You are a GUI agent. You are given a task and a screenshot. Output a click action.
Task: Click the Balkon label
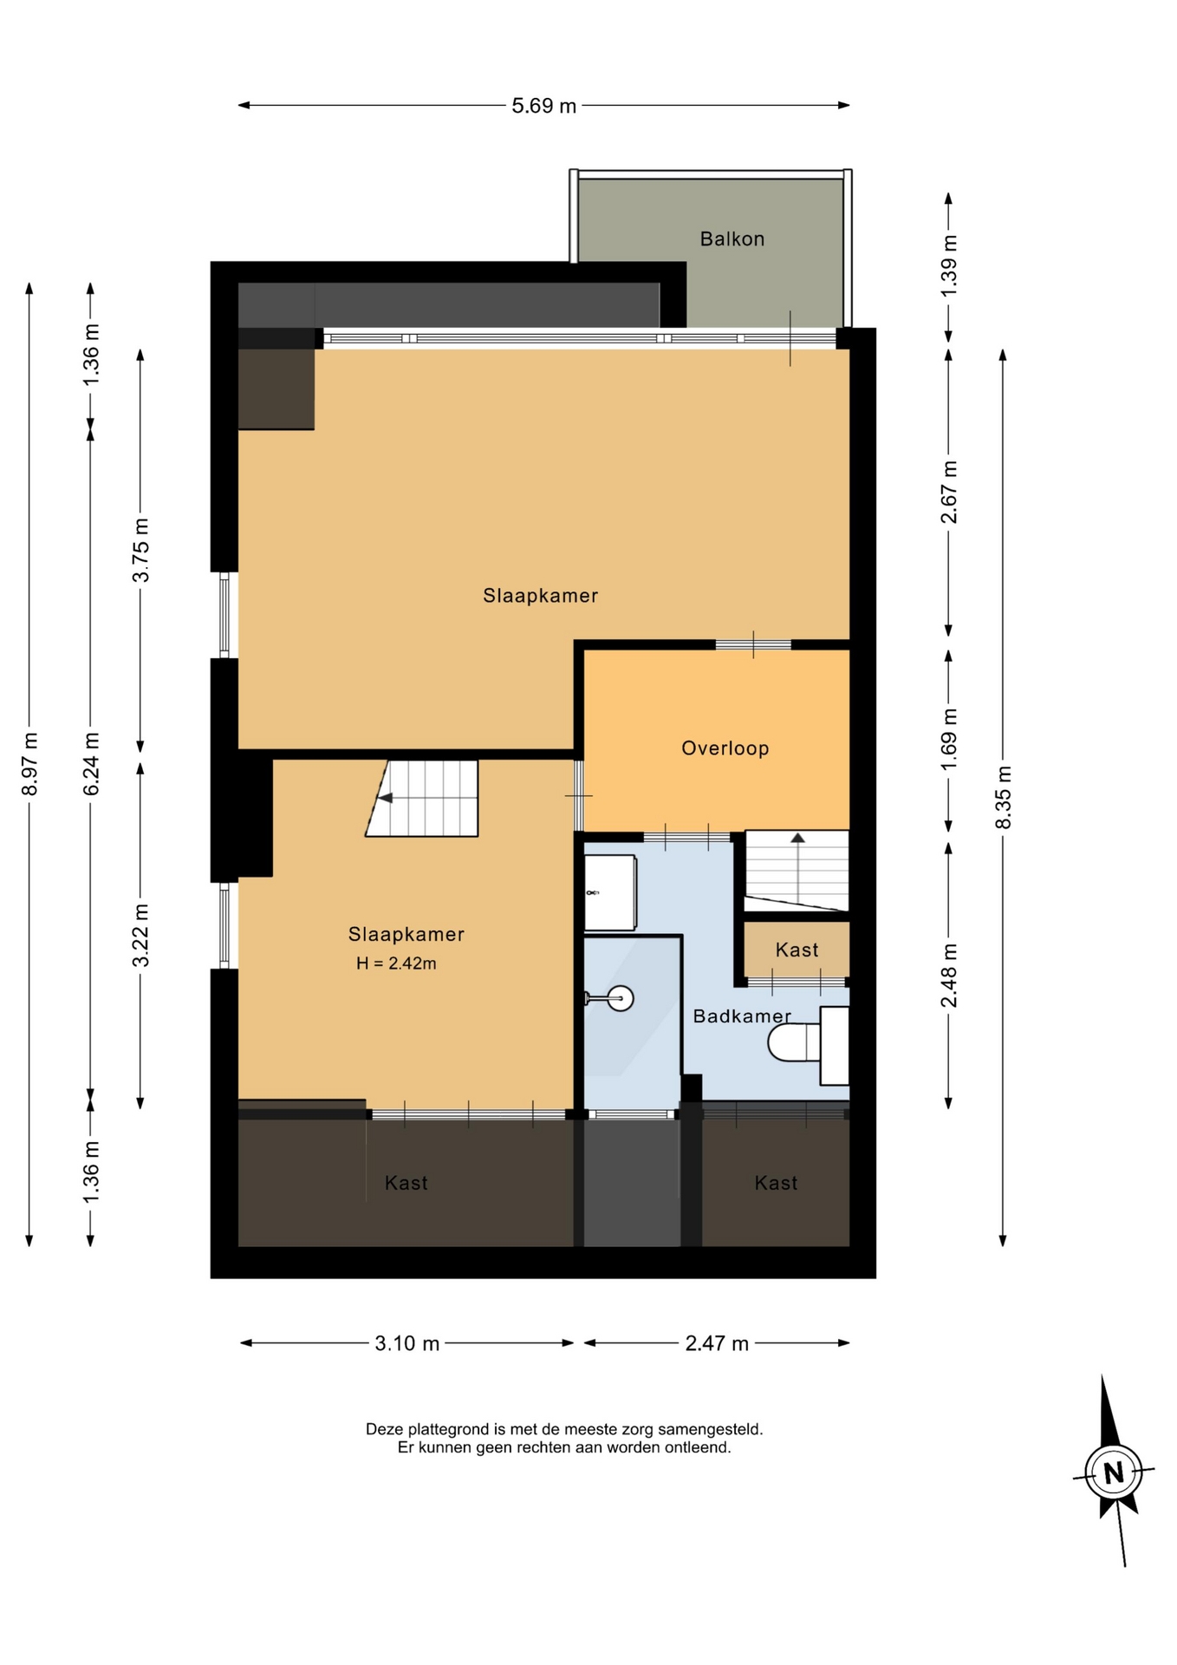(732, 238)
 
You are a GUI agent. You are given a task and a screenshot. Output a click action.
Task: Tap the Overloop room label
(725, 748)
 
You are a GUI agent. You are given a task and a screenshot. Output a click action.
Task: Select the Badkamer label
(742, 1015)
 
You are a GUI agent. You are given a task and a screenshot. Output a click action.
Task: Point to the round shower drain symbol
(621, 998)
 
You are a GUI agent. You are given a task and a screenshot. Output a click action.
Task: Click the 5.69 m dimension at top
(543, 106)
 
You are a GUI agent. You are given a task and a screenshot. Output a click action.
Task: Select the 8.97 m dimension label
(30, 764)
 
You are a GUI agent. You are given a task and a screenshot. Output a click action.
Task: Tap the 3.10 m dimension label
(407, 1343)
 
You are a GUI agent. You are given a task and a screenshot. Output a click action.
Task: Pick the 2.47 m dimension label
(717, 1343)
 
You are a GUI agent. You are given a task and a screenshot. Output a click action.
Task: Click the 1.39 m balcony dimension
(949, 265)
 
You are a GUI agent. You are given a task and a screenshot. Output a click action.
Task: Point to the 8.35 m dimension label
(1004, 797)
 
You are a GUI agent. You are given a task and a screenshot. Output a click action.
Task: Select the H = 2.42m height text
(396, 963)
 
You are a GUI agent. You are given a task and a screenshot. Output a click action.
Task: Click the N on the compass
(1114, 1472)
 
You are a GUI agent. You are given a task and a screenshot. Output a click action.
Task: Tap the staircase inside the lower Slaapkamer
(423, 799)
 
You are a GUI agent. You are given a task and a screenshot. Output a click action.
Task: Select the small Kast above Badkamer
(797, 950)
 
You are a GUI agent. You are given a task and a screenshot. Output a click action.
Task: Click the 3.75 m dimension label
(141, 551)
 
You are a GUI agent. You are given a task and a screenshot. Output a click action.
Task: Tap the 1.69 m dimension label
(949, 739)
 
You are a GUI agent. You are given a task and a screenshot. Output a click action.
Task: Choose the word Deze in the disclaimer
(385, 1428)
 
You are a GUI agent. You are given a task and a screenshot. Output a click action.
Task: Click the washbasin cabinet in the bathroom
(611, 892)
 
